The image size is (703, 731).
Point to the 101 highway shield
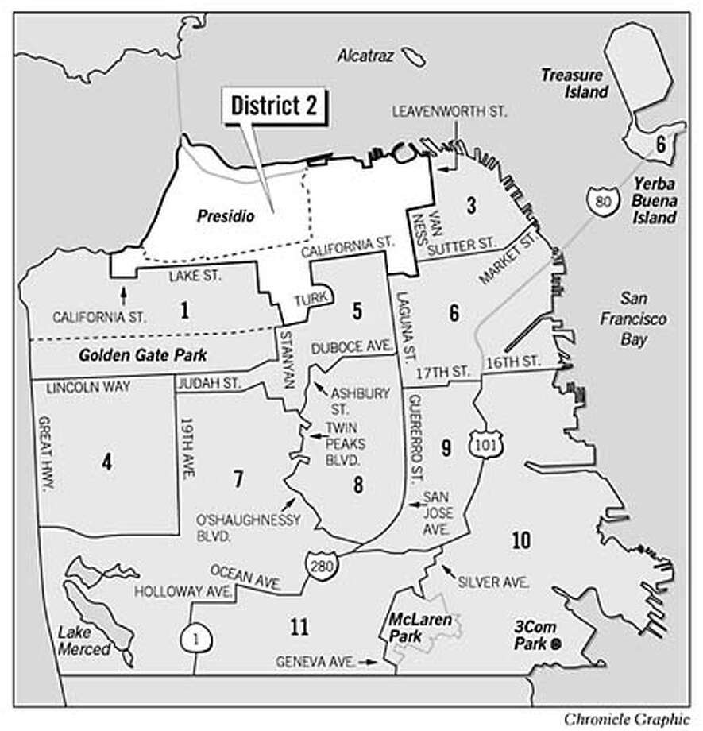(x=481, y=444)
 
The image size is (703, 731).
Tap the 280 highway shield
(x=316, y=566)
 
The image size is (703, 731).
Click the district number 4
(x=106, y=461)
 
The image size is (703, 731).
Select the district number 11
(x=299, y=627)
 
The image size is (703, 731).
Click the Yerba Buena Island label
(x=655, y=204)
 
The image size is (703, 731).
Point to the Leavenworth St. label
(x=450, y=112)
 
